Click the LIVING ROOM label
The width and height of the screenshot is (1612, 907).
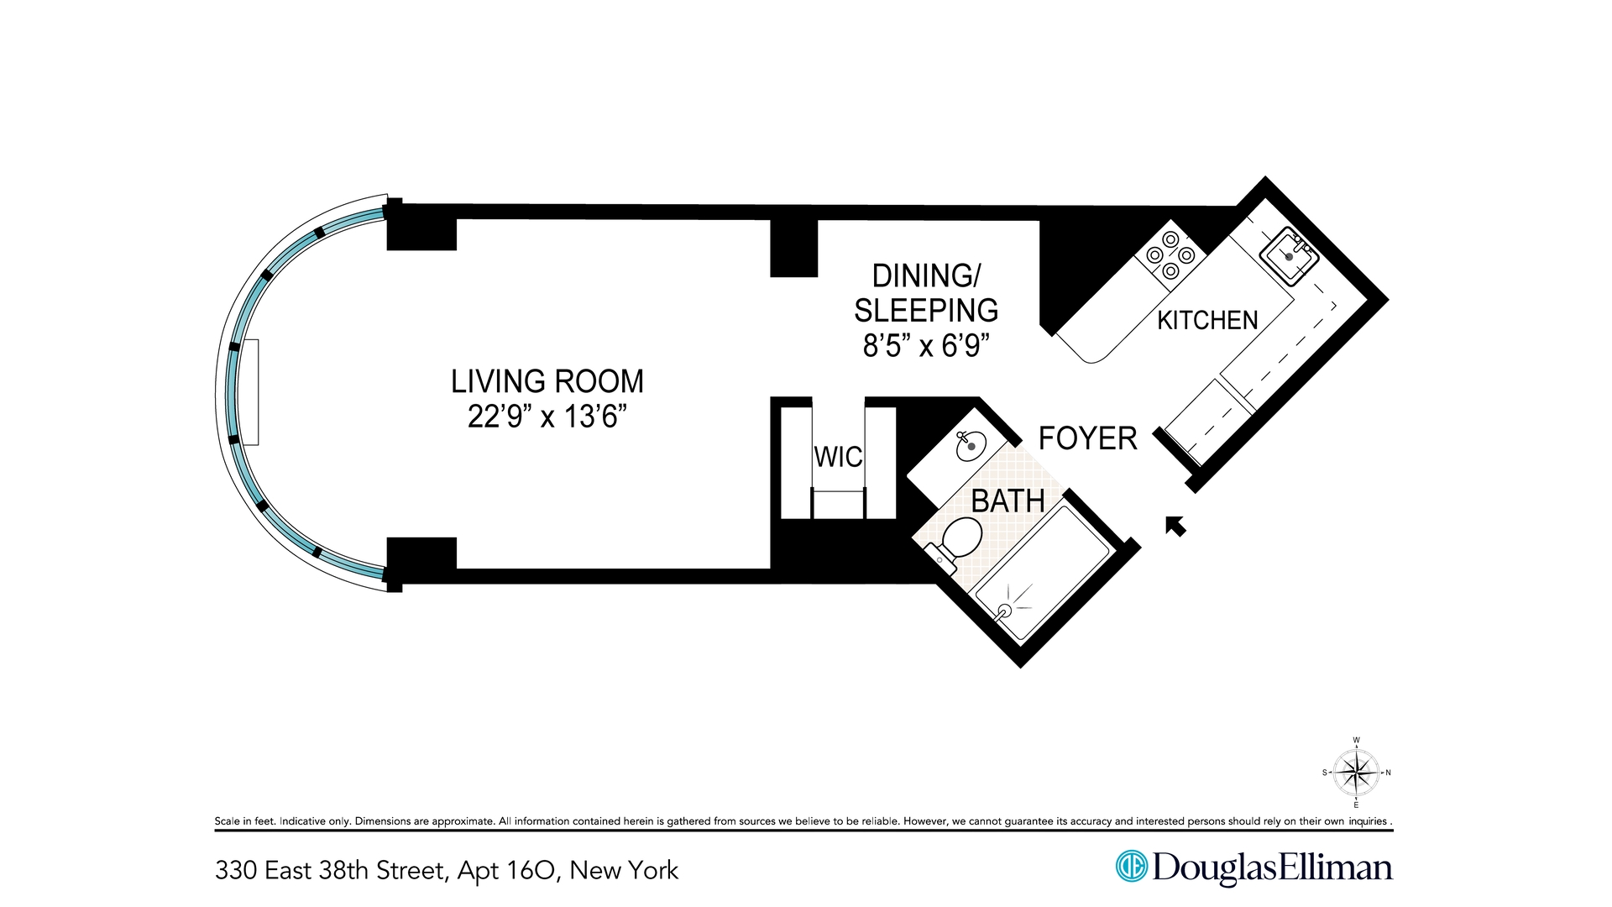click(x=547, y=381)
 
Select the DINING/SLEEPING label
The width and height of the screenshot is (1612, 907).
click(x=926, y=293)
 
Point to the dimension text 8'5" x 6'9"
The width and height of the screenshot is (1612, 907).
click(x=926, y=345)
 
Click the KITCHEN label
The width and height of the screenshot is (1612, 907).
click(x=1207, y=320)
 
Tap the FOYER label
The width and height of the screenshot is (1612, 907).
click(x=1087, y=438)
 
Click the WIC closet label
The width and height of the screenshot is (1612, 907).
click(x=838, y=457)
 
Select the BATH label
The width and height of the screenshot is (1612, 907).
click(x=1007, y=501)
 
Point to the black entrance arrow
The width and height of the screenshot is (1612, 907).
click(x=1176, y=526)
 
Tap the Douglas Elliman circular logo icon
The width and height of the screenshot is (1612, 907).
click(x=1131, y=866)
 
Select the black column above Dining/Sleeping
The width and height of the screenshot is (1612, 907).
click(x=793, y=248)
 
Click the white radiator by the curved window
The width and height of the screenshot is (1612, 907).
click(x=250, y=392)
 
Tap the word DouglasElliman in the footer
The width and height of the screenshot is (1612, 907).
click(x=1272, y=867)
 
